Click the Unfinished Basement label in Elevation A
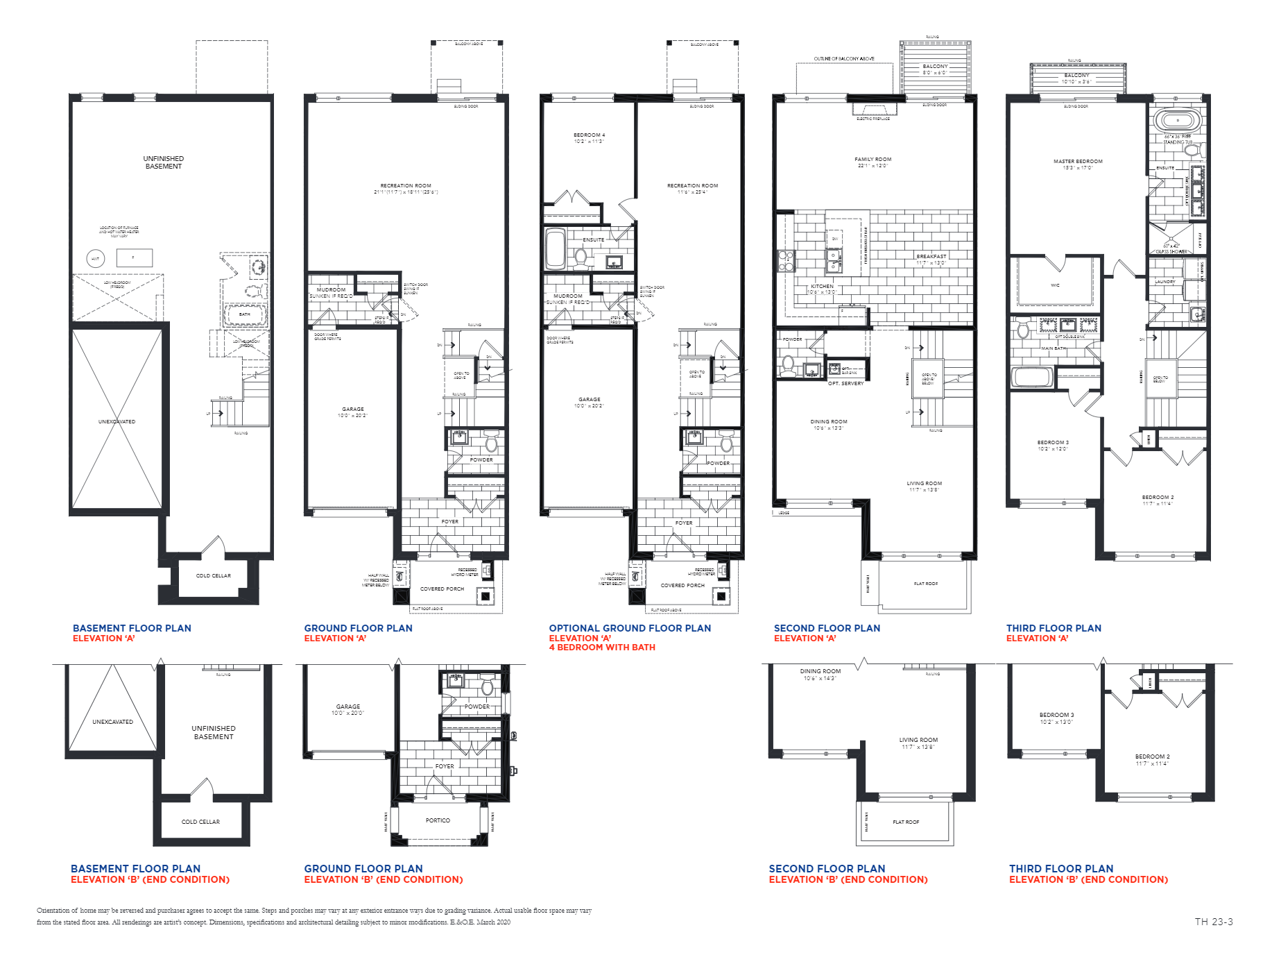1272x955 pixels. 164,162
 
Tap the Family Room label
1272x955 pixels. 873,160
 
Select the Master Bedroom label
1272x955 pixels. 1077,162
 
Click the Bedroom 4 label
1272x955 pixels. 589,135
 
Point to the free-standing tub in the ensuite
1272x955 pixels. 1177,120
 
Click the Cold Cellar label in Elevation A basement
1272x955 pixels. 213,576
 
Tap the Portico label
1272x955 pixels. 438,820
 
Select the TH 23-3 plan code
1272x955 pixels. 1213,922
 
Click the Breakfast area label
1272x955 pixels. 931,257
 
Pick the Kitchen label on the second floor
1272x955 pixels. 822,287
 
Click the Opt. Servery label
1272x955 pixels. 845,384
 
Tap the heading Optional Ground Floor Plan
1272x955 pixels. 630,628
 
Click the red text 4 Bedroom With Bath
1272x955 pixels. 601,648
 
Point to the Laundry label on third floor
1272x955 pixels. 1164,282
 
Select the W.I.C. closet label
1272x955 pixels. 1055,285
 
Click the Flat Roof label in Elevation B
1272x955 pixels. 905,822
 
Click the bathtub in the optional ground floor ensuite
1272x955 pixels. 555,248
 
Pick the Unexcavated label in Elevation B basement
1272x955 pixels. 112,722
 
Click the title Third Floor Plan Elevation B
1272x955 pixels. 1088,874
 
